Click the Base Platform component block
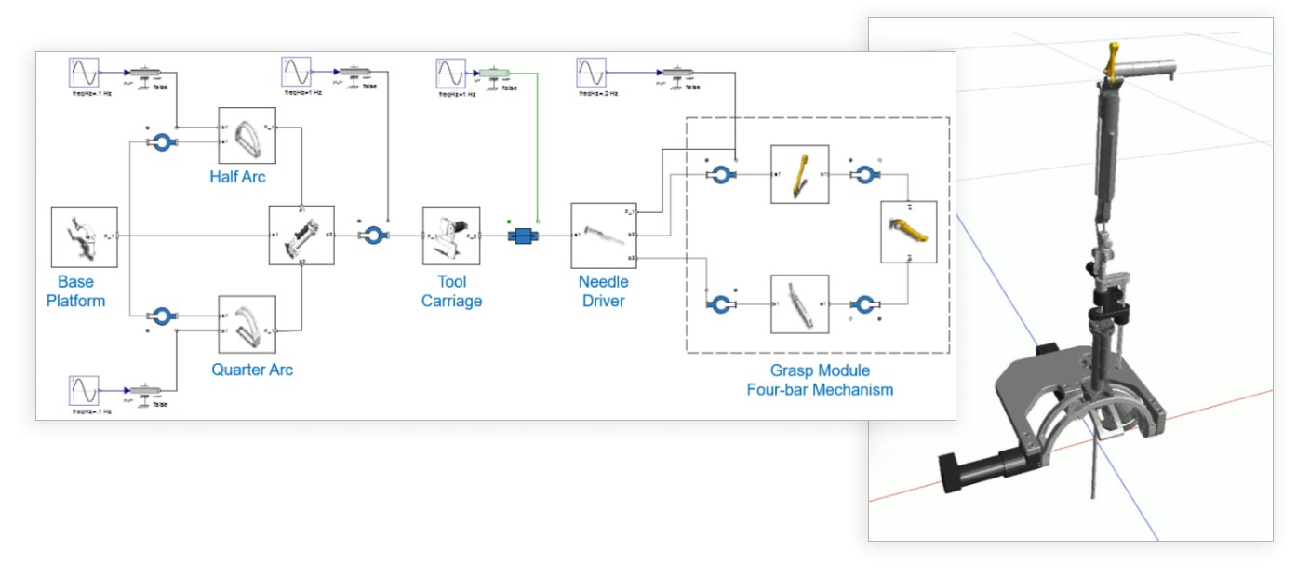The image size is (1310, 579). tap(84, 236)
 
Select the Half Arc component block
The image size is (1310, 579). tap(247, 136)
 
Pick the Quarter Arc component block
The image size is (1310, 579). tap(247, 324)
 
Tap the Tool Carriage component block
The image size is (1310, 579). tap(451, 236)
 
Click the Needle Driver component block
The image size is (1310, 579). tap(600, 236)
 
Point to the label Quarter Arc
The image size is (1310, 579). tap(252, 370)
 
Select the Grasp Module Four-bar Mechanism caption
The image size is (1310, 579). tap(819, 380)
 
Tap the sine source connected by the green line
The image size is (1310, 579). tap(451, 73)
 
